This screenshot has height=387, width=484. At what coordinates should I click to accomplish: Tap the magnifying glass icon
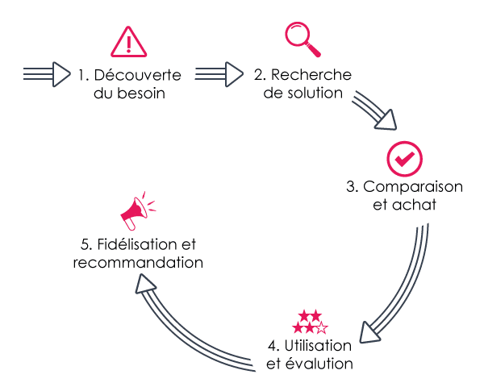coord(299,37)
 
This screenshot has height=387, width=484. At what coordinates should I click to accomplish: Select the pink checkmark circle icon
coord(404,159)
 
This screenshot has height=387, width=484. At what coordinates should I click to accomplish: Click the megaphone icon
coord(135,211)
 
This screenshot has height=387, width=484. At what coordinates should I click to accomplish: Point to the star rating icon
coord(311,322)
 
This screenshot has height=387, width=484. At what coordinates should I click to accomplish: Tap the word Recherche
coord(311,75)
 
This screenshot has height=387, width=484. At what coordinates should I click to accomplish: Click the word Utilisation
coord(318,345)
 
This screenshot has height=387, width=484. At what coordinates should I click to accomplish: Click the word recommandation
coord(138,262)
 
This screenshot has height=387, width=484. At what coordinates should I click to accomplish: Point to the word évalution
coord(322,364)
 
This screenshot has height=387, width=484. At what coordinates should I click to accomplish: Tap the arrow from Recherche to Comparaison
coord(374,110)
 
